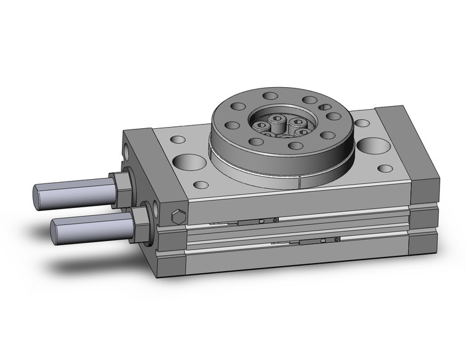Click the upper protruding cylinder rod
point(74,191)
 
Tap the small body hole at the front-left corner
point(200,184)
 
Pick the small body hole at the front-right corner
point(385,168)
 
